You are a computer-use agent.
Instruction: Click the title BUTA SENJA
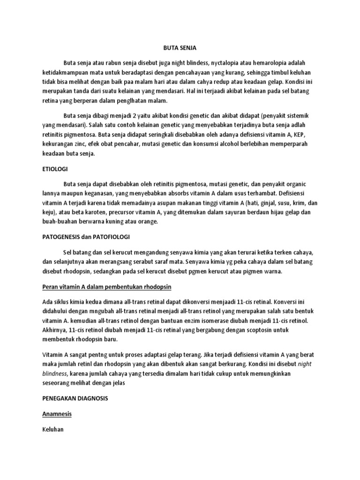pos(180,47)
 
